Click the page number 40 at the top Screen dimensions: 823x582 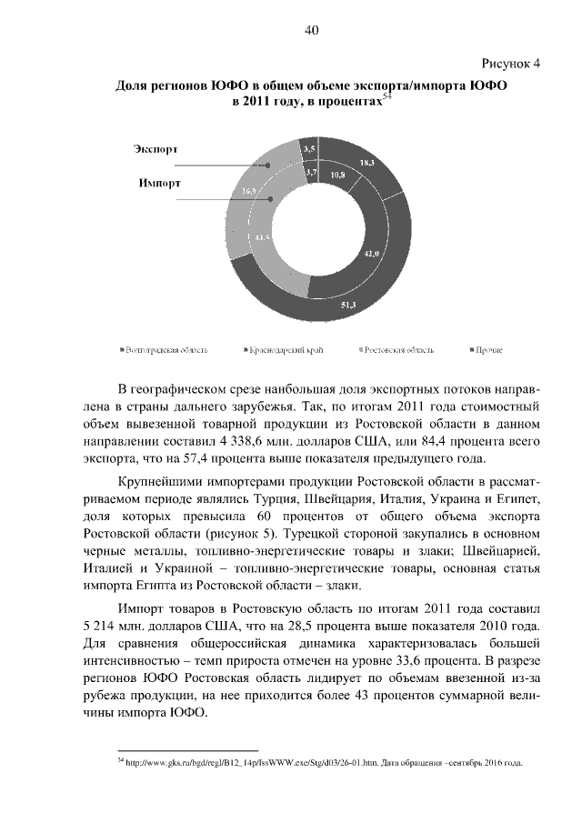(311, 30)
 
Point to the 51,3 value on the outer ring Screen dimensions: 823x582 (348, 304)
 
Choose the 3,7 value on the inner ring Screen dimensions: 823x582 (311, 171)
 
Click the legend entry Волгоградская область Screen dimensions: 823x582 (166, 349)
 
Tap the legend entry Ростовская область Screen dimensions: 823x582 (397, 349)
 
